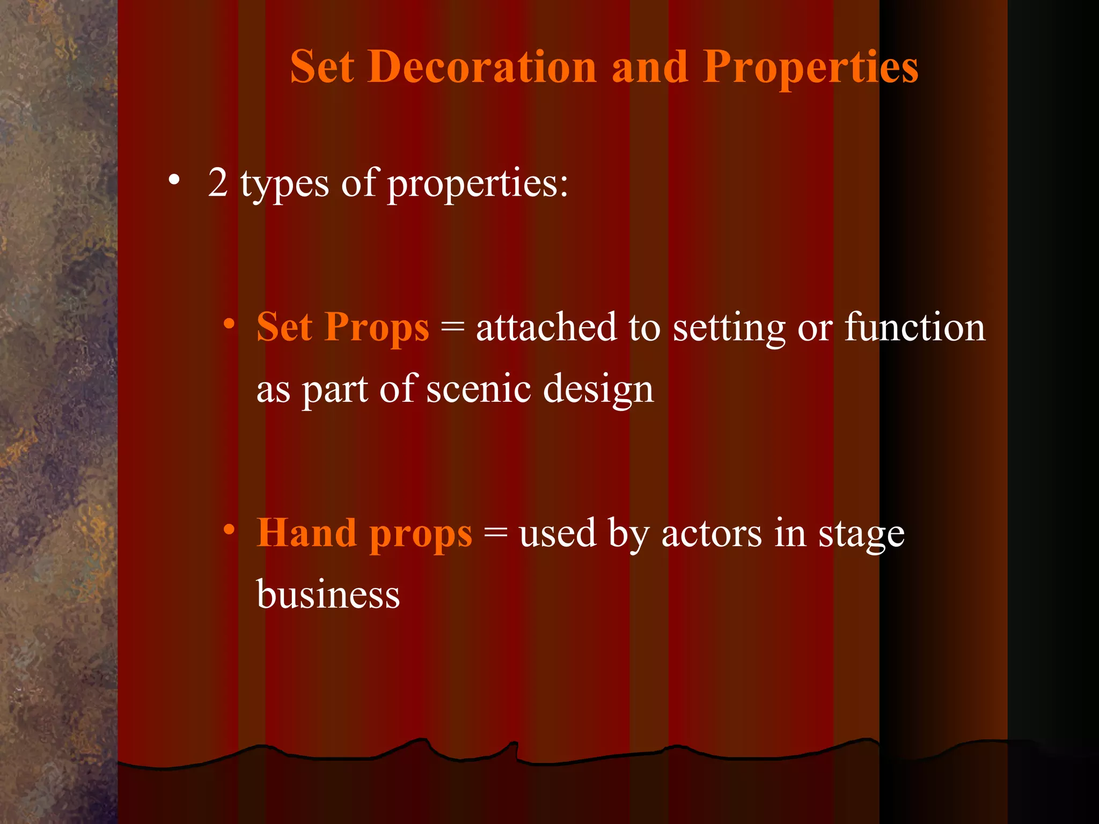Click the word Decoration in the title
pos(481,67)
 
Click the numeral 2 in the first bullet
pos(218,183)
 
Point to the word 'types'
pos(284,185)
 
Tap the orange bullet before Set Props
pos(229,324)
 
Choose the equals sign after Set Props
pos(452,327)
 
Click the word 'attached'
pos(546,327)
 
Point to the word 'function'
pos(914,327)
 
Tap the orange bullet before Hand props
pos(229,530)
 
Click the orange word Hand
pos(306,533)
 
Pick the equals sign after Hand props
pos(495,533)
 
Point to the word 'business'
pos(328,595)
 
